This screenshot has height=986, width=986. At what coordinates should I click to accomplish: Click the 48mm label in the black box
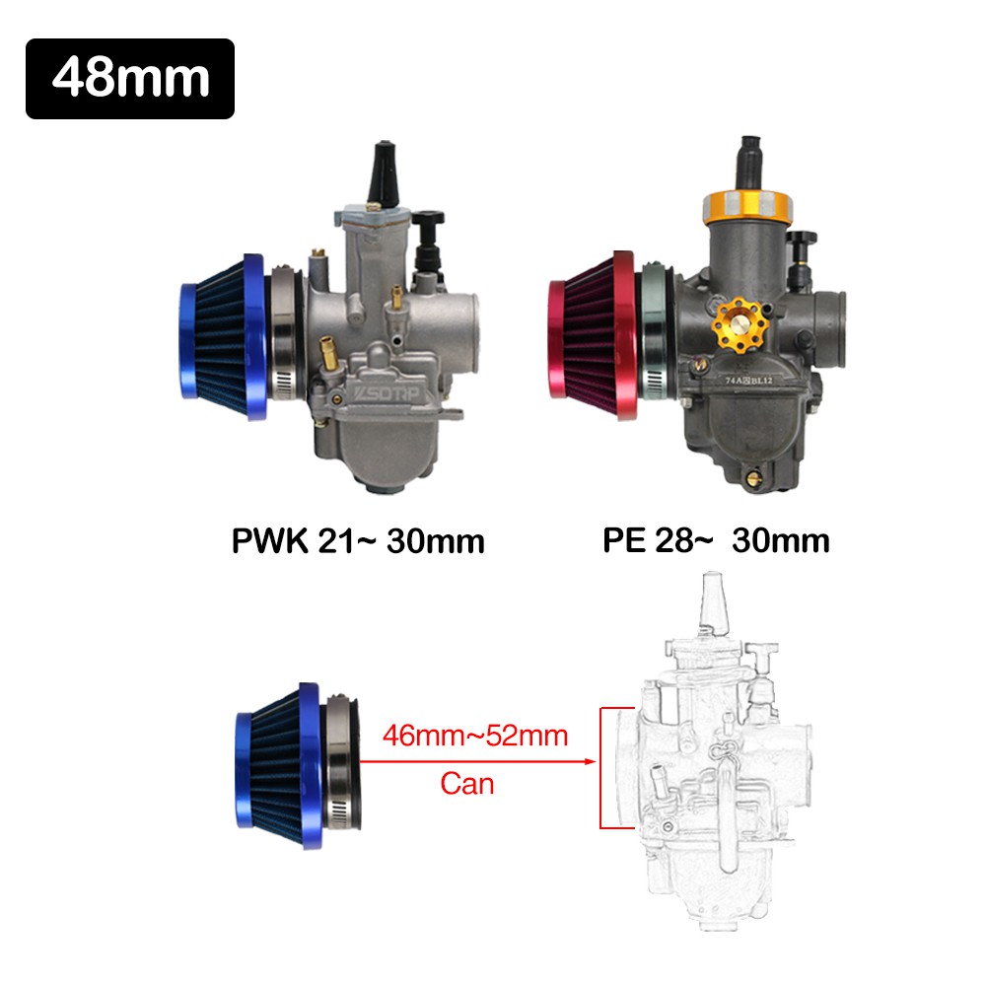(130, 79)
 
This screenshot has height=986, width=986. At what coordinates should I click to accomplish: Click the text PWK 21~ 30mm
(357, 541)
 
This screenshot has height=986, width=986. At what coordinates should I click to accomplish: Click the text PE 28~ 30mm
(716, 541)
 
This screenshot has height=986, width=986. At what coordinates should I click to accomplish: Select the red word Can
(466, 784)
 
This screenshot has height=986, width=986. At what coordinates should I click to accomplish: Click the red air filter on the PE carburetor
(588, 334)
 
